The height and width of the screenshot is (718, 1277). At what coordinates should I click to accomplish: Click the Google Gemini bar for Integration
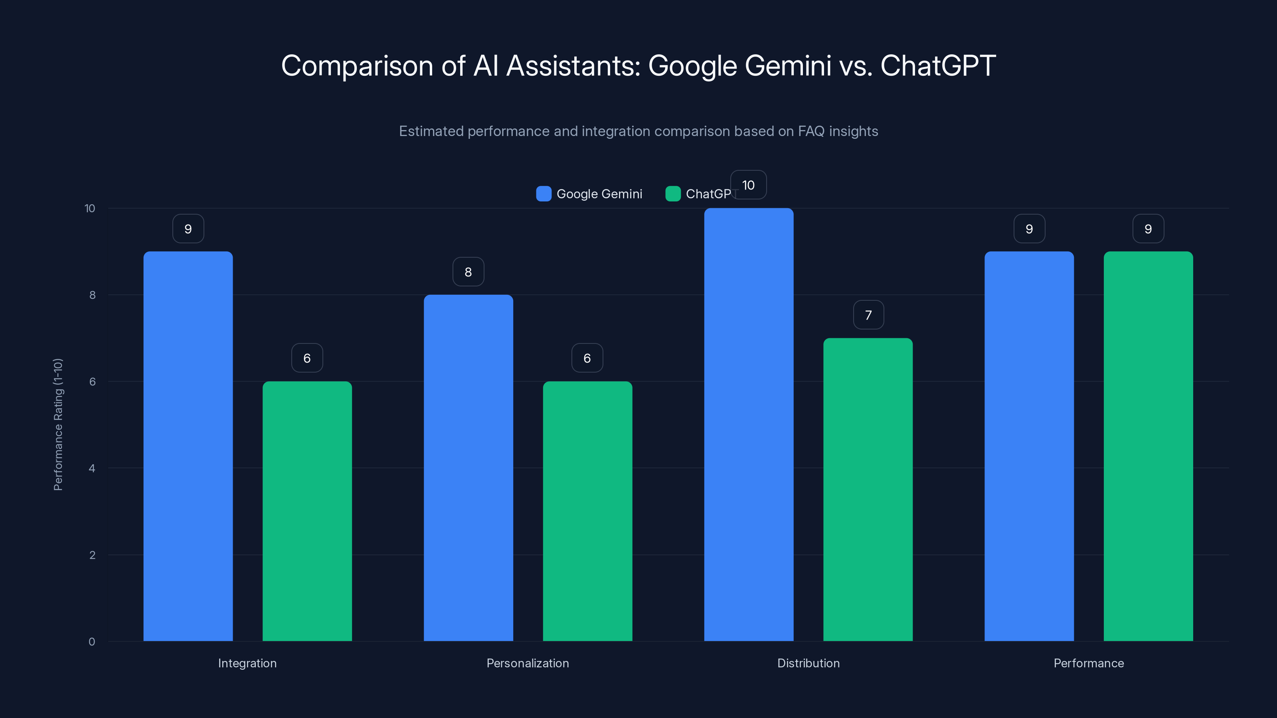tap(188, 446)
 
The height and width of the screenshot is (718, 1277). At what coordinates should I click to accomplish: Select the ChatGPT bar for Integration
tap(307, 511)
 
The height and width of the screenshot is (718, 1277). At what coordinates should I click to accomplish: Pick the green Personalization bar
tap(587, 511)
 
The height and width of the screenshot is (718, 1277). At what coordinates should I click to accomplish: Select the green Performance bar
tap(1148, 446)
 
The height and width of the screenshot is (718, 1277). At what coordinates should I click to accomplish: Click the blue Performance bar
tap(1029, 446)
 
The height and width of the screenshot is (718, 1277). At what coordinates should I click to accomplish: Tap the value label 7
tap(868, 315)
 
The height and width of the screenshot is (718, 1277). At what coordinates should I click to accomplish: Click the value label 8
tap(468, 272)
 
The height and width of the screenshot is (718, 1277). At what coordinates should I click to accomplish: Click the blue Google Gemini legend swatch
tap(543, 194)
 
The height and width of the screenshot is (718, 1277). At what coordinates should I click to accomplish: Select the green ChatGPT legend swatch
tap(673, 194)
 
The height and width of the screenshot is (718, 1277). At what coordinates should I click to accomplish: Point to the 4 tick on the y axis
tap(92, 468)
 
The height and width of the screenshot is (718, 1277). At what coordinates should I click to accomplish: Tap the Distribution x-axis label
tap(808, 663)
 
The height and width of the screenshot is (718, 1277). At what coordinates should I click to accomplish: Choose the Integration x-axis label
tap(247, 663)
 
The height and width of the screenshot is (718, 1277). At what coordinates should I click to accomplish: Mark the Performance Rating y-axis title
tap(58, 424)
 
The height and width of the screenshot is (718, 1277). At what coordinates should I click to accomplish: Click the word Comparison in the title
tap(357, 66)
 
